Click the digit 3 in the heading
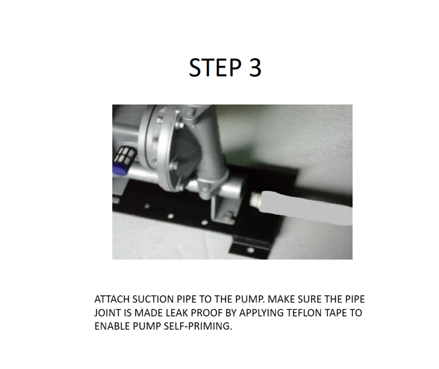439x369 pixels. [254, 68]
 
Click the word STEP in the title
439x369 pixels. [215, 68]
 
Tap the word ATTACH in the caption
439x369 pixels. [112, 299]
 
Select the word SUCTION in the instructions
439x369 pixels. [153, 299]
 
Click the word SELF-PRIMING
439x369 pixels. [198, 326]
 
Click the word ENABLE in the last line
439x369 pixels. [112, 326]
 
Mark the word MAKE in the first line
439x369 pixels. [281, 299]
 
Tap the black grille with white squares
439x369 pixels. [126, 154]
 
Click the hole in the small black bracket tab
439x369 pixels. [251, 250]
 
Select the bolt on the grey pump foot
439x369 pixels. [229, 216]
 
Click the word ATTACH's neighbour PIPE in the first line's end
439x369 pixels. [354, 299]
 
